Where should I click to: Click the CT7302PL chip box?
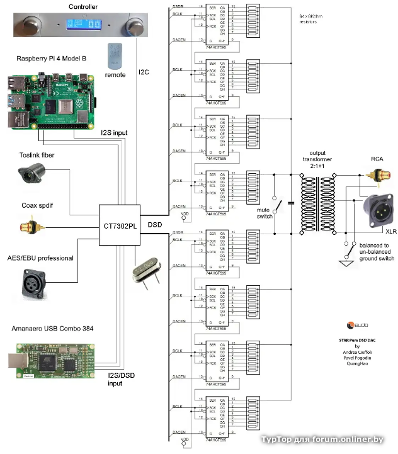(x=120, y=224)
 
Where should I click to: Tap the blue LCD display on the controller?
(x=84, y=25)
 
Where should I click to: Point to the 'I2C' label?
(x=144, y=73)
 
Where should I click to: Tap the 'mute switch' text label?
(x=264, y=213)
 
